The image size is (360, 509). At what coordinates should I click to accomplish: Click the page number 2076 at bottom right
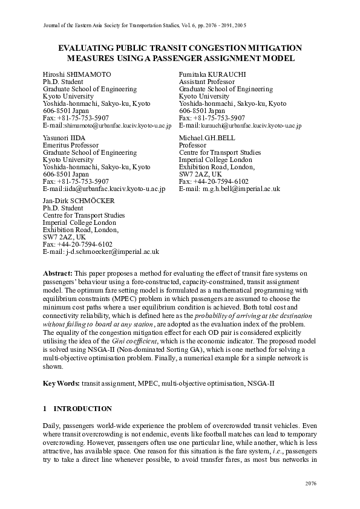pos(309,484)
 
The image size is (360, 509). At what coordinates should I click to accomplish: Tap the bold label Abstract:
pos(58,274)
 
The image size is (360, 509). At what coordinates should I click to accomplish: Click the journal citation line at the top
pos(145,26)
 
